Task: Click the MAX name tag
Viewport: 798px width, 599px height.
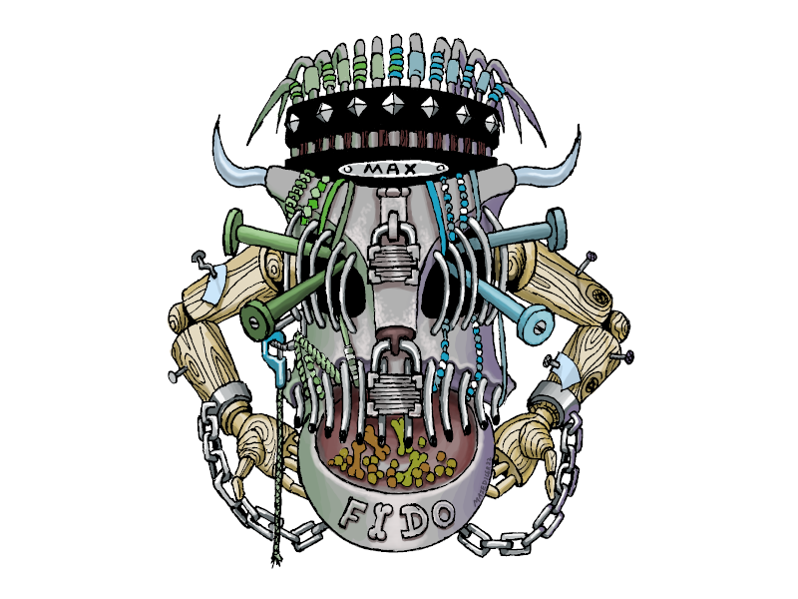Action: (390, 169)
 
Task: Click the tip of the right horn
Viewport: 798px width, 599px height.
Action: (579, 126)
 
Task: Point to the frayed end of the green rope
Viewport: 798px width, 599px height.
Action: (276, 561)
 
